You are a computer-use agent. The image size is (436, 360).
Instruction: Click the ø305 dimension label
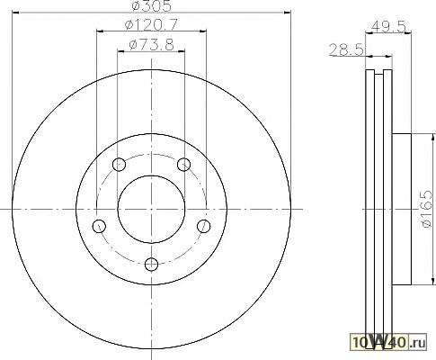click(x=152, y=6)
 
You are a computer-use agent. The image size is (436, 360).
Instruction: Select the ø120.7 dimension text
click(x=151, y=24)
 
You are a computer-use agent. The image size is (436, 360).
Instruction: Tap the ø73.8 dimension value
click(x=151, y=45)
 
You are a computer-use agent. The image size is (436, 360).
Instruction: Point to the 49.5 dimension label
click(x=388, y=26)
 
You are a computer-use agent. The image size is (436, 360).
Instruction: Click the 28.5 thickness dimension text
click(x=347, y=49)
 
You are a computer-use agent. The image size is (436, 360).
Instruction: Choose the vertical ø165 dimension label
click(x=427, y=209)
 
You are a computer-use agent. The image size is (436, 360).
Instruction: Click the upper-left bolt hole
click(x=119, y=165)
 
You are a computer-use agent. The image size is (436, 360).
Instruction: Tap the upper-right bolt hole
click(x=183, y=165)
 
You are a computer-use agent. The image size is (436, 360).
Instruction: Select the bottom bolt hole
click(x=151, y=264)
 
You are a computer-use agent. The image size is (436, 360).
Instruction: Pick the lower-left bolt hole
click(x=99, y=226)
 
